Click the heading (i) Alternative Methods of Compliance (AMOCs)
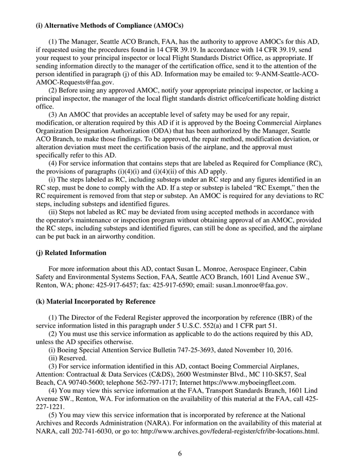[110, 25]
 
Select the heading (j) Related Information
[71, 253]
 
